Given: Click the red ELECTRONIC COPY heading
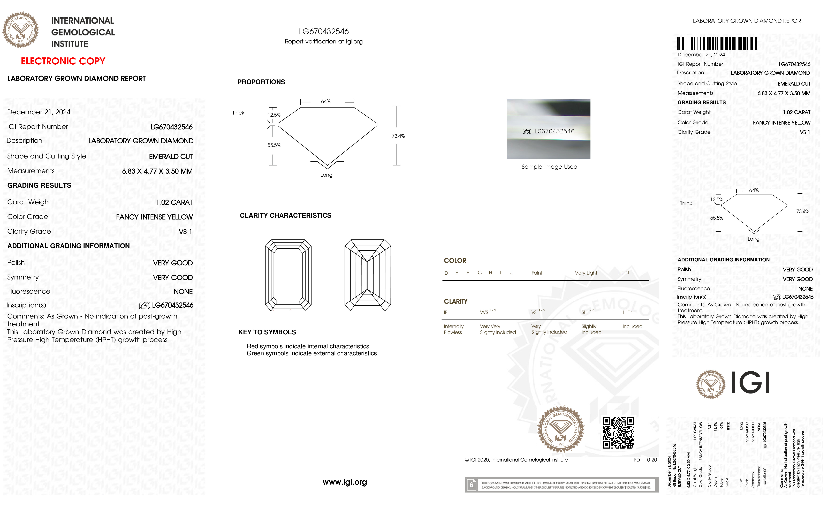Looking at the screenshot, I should pyautogui.click(x=63, y=61).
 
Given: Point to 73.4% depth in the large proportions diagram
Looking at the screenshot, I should pyautogui.click(x=398, y=136).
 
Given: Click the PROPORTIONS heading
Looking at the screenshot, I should pyautogui.click(x=261, y=82).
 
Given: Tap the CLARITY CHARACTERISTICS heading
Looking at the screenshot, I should pyautogui.click(x=285, y=216).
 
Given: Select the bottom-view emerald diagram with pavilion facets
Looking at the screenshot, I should pyautogui.click(x=368, y=275).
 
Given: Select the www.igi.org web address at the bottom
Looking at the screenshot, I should pyautogui.click(x=345, y=482).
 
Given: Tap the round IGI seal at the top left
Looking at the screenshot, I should pyautogui.click(x=21, y=30).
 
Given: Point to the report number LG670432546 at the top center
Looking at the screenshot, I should pyautogui.click(x=324, y=32).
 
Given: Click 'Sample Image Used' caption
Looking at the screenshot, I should pyautogui.click(x=549, y=167).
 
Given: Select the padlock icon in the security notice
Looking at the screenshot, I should pyautogui.click(x=471, y=485).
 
